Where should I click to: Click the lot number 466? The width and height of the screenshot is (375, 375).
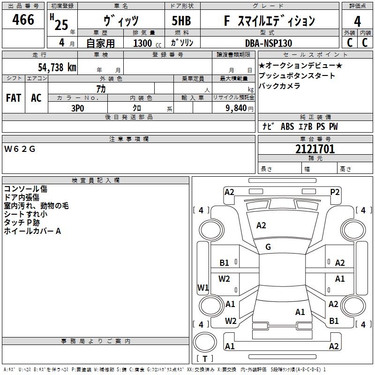click(x=23, y=19)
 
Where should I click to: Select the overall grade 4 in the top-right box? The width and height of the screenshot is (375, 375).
click(x=357, y=21)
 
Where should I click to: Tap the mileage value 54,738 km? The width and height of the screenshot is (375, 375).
click(x=57, y=67)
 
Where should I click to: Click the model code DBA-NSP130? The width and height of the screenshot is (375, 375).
click(x=268, y=43)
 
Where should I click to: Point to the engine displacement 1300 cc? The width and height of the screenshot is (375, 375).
click(x=147, y=43)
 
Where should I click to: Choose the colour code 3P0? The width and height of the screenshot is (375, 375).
click(x=78, y=108)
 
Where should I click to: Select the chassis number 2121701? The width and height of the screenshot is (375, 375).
click(x=315, y=149)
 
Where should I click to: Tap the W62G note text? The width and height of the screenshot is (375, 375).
click(x=20, y=149)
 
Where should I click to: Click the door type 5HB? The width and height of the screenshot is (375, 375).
click(x=181, y=21)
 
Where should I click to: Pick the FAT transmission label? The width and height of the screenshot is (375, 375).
click(x=14, y=98)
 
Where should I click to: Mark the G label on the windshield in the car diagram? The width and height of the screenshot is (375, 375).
click(x=268, y=247)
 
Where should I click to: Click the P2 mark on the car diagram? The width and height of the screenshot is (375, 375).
click(x=335, y=192)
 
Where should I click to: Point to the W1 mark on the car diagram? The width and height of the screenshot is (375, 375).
click(x=203, y=287)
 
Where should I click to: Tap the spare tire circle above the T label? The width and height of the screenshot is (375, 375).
click(x=205, y=342)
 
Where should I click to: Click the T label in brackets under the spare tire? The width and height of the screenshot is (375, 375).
click(x=205, y=359)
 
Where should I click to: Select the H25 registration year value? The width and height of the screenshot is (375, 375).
click(x=59, y=22)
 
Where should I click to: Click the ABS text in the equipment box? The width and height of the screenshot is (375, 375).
click(x=287, y=127)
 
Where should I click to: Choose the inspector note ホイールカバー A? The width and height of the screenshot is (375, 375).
click(x=32, y=231)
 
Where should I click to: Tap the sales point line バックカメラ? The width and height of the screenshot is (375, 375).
click(x=279, y=86)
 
